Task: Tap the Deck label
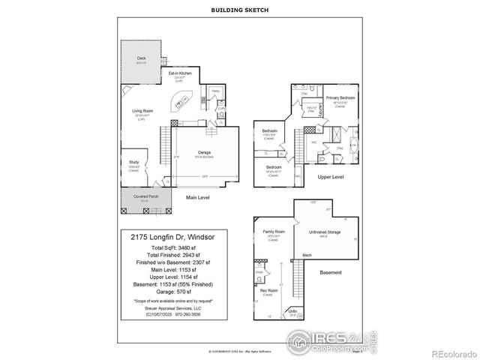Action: click(x=141, y=58)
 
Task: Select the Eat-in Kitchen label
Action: click(x=179, y=72)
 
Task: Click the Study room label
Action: click(x=133, y=163)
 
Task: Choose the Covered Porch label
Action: click(x=145, y=196)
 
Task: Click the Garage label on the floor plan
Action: click(x=205, y=152)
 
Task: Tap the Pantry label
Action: click(x=214, y=91)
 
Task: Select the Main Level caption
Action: click(x=199, y=198)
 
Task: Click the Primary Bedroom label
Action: click(x=340, y=97)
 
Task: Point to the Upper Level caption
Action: click(x=331, y=177)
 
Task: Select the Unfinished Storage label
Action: click(x=325, y=232)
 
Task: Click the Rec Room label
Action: click(x=267, y=290)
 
